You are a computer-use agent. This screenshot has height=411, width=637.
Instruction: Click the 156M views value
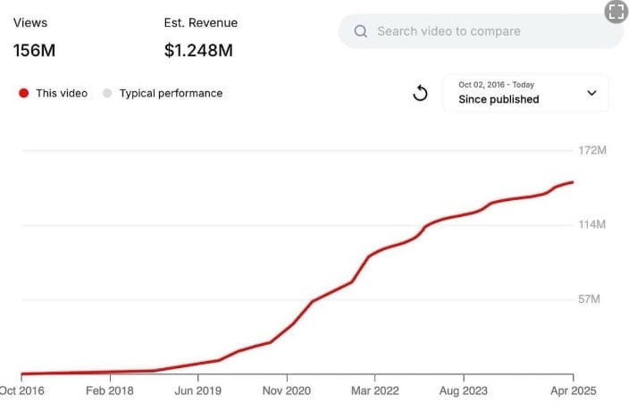point(34,51)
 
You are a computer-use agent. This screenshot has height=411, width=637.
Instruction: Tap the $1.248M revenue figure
point(198,51)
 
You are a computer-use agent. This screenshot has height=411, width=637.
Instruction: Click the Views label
point(30,22)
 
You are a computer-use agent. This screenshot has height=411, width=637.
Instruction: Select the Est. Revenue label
point(201,22)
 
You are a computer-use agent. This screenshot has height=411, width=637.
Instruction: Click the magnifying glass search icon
point(361,31)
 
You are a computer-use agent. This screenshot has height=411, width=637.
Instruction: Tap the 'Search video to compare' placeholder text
point(448,31)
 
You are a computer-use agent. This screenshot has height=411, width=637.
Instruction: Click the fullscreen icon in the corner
point(615,12)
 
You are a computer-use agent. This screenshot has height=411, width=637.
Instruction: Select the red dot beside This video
point(23,93)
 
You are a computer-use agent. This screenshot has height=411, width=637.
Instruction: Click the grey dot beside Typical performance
point(107,93)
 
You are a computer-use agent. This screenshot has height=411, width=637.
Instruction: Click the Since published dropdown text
point(499,99)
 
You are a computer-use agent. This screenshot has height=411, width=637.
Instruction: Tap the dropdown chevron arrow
point(591,93)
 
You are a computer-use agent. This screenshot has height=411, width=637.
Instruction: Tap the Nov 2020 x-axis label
point(286,390)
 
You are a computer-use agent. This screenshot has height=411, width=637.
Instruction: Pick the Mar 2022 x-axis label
point(375,390)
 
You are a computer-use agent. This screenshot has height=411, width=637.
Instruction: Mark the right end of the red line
point(573,182)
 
